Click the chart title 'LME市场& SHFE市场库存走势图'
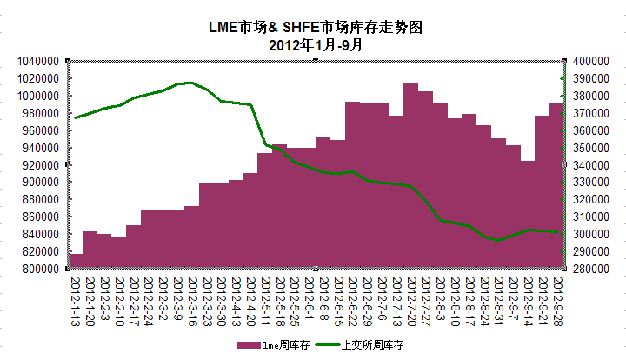(316, 28)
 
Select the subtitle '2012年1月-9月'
(316, 44)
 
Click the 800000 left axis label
(39, 269)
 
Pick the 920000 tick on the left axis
(39, 165)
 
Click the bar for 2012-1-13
(76, 261)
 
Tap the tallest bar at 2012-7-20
(411, 174)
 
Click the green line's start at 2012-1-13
(76, 117)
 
